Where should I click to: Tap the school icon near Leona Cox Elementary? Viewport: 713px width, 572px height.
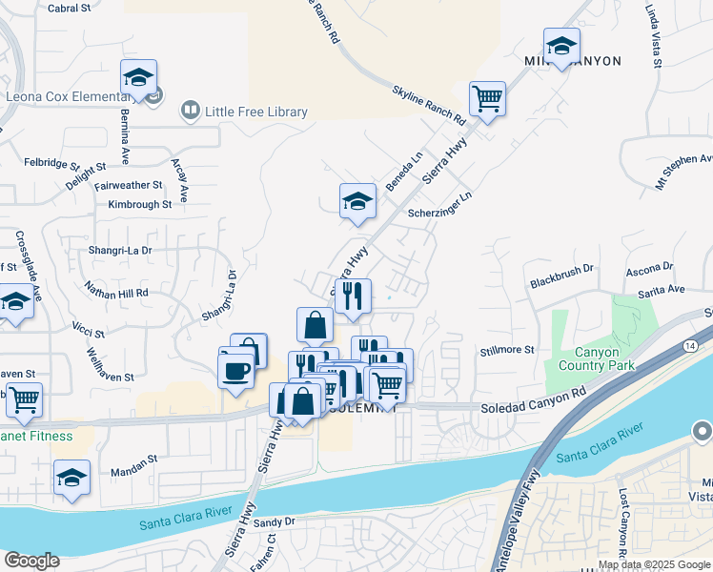pyautogui.click(x=138, y=77)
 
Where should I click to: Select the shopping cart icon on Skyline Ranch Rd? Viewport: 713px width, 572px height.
pyautogui.click(x=487, y=98)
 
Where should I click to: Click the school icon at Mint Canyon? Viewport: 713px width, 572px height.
pyautogui.click(x=561, y=46)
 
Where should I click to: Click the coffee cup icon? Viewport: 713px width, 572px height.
pyautogui.click(x=235, y=370)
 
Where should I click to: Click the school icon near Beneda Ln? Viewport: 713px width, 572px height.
pyautogui.click(x=357, y=201)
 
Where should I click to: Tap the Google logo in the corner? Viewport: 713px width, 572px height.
pyautogui.click(x=31, y=561)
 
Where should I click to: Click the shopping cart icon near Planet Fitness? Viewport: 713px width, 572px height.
pyautogui.click(x=24, y=401)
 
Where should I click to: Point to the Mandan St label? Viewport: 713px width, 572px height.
pyautogui.click(x=132, y=460)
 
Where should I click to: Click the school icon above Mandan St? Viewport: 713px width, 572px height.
pyautogui.click(x=71, y=479)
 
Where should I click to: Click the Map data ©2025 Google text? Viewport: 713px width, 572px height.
pyautogui.click(x=653, y=564)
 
